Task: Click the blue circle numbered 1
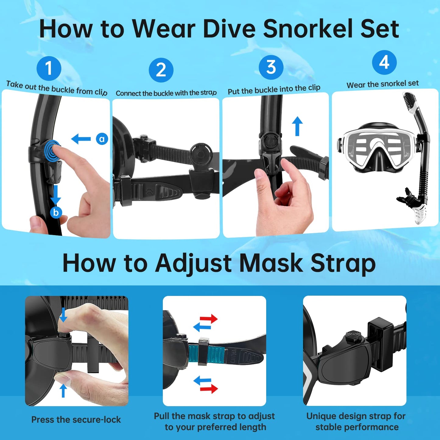(49, 68)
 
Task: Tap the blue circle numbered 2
(161, 70)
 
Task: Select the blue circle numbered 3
(271, 67)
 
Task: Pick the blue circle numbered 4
(384, 62)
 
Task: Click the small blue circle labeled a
(102, 139)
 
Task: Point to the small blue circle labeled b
(56, 212)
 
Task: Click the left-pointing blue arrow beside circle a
(81, 139)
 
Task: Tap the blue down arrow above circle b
(56, 195)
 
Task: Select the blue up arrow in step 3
(297, 126)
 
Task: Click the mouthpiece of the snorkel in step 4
(407, 197)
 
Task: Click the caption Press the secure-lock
(76, 420)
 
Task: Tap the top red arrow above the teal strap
(209, 319)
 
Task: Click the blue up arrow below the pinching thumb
(63, 390)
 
